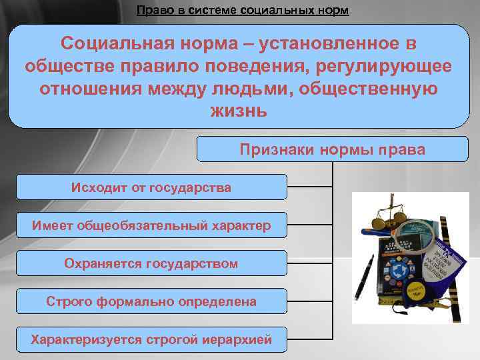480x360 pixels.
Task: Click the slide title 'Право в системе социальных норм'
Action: tap(242, 11)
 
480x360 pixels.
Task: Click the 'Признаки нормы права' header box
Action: tap(332, 149)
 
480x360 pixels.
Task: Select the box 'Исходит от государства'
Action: tap(151, 187)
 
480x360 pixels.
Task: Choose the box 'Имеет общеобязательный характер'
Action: tap(151, 225)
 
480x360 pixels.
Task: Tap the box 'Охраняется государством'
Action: tap(151, 263)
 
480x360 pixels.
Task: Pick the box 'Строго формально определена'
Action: tap(151, 301)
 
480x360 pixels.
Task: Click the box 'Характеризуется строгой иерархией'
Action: tap(151, 339)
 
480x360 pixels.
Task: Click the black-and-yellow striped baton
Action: tap(456, 267)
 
